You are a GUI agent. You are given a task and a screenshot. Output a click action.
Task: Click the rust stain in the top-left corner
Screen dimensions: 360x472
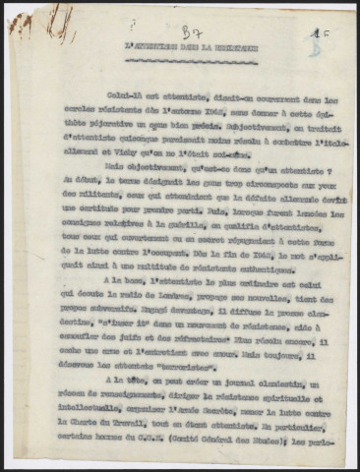20,21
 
